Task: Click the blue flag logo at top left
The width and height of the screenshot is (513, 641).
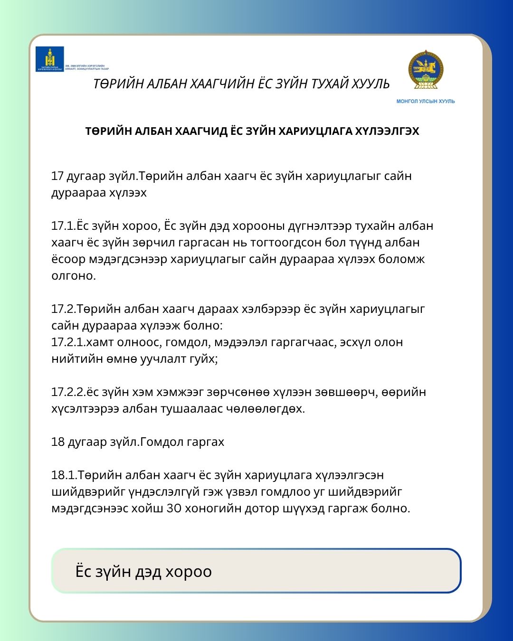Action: point(50,59)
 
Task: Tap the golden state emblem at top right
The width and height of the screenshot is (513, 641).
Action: point(426,70)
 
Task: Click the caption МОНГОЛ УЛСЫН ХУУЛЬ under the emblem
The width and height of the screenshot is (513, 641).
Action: point(426,101)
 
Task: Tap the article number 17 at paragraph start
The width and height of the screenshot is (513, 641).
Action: point(57,176)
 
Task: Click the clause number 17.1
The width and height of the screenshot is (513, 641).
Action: point(64,226)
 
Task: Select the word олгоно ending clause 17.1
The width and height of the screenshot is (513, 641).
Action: point(73,276)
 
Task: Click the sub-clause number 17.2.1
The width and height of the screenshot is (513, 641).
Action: point(68,342)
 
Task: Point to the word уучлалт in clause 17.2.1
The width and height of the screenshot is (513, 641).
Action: point(163,359)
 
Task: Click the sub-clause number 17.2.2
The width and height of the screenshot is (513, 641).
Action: point(68,392)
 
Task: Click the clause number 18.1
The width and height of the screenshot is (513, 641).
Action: point(64,475)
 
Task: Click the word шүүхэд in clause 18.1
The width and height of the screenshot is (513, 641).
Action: point(304,509)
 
